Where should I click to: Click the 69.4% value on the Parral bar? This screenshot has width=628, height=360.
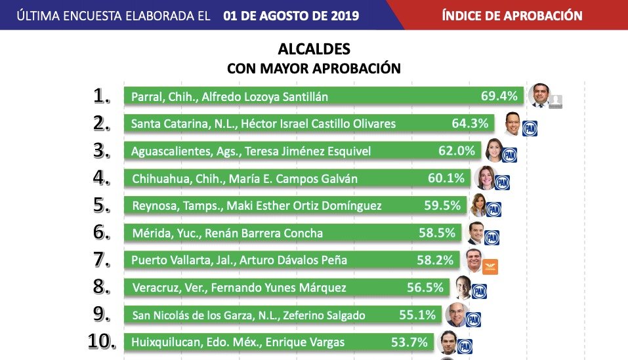point(499,96)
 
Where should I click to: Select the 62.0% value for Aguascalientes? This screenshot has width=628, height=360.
point(457,151)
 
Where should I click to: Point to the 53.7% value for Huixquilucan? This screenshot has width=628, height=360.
point(413,342)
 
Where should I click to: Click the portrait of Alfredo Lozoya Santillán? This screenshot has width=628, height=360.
point(539,94)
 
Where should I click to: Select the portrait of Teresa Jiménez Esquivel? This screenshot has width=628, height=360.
point(493,150)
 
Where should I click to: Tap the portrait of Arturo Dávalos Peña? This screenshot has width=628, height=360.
point(474,260)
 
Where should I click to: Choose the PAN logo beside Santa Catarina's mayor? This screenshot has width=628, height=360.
point(530,128)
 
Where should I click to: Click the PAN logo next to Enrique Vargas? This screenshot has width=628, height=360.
point(465,347)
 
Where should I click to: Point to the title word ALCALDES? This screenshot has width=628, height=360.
point(314,50)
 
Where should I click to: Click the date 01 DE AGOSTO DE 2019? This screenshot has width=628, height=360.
point(291,15)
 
